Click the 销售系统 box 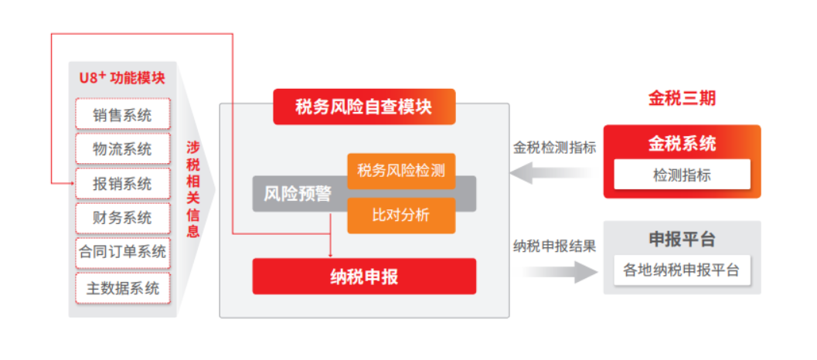pos(122,114)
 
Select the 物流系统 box pos(122,148)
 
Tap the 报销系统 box pos(122,184)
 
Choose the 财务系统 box pos(122,218)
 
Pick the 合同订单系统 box pos(122,252)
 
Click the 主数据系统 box pos(122,287)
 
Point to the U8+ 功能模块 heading pos(122,78)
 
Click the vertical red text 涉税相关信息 pos(192,188)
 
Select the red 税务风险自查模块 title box pos(364,107)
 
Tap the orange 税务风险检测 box pos(401,171)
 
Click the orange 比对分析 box pos(401,216)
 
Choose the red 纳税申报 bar pos(364,276)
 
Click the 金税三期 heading pos(682,98)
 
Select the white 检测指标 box pos(682,175)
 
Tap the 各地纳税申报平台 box pos(682,270)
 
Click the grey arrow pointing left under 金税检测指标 pos(553,174)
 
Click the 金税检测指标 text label pos(554,148)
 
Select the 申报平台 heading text pos(682,239)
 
